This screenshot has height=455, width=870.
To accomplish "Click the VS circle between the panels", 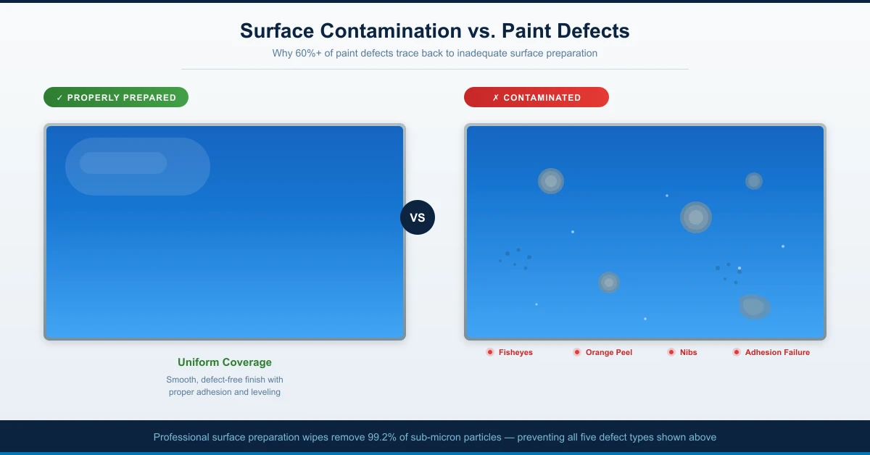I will point(418,217).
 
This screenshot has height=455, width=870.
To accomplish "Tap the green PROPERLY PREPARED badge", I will point(116,97).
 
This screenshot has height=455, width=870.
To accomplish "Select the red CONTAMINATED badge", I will point(536,97).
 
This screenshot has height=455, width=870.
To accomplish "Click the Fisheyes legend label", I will point(515,352).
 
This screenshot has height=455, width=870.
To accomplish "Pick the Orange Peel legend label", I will point(609,352).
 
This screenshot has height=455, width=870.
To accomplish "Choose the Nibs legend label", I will point(689,352).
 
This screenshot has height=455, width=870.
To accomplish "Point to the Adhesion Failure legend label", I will point(777,352).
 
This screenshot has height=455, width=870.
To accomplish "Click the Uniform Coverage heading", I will point(225,362).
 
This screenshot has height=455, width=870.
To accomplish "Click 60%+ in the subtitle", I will point(308,53).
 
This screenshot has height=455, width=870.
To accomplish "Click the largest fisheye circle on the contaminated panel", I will point(696,217).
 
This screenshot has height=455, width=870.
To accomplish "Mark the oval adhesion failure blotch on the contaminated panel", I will point(754,306).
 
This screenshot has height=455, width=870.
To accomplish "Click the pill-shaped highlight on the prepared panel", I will point(138,167).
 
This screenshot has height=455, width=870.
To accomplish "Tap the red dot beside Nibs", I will point(671,352).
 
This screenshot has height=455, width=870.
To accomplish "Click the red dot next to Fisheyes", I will point(490,352).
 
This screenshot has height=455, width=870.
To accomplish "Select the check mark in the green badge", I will point(59,97).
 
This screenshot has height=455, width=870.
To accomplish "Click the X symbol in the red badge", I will point(496,97).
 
